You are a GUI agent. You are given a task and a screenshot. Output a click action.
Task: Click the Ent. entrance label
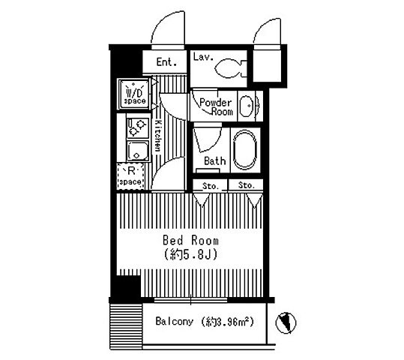point(166,62)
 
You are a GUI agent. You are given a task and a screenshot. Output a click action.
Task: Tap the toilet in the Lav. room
point(230,68)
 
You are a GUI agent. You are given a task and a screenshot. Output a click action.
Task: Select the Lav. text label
point(203,57)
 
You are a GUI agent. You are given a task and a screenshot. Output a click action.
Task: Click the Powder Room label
point(216,107)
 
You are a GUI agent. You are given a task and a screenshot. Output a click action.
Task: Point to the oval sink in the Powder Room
point(246,106)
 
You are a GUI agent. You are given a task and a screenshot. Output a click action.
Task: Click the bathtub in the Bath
point(245,150)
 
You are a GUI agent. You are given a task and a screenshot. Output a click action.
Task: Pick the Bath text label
point(215,161)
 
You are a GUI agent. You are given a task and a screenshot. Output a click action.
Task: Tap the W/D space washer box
point(134,94)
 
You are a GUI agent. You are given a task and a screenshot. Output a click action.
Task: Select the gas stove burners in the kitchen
point(138,127)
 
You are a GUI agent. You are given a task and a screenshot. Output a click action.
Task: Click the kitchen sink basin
point(138,151)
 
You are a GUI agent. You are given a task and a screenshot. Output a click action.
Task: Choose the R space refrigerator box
point(130,176)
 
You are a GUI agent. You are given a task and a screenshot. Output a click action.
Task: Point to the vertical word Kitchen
point(157,136)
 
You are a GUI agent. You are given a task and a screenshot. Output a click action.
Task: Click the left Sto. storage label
point(211,186)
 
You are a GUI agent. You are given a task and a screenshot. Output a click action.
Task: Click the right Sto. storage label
point(247,185)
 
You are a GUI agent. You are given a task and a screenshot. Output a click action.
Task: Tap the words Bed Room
point(190,241)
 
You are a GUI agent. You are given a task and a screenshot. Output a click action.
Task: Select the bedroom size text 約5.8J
point(190,254)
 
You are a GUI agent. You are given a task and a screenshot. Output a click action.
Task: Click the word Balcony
point(175,321)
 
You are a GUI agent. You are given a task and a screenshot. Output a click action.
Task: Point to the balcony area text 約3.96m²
point(228,322)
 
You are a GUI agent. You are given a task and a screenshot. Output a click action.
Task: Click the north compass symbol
point(286,322)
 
